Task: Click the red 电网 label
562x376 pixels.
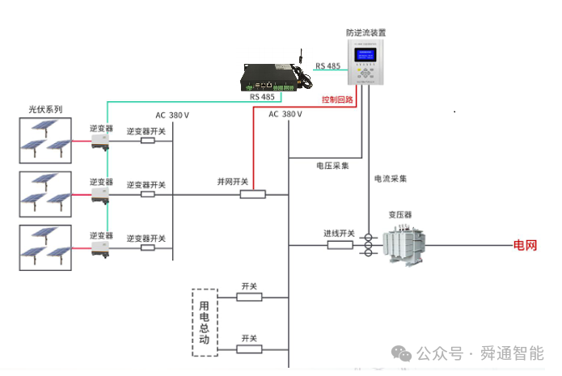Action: click(x=525, y=245)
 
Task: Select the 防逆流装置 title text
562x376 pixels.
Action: click(x=366, y=33)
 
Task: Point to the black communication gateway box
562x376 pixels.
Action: click(x=273, y=76)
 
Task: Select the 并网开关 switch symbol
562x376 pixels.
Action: click(x=253, y=194)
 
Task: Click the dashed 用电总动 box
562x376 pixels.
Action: click(x=205, y=322)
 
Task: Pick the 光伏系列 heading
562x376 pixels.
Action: click(x=45, y=109)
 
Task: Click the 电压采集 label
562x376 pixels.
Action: click(x=332, y=165)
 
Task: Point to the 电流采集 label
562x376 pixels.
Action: click(x=391, y=177)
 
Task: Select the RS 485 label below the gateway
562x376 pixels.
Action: click(x=262, y=97)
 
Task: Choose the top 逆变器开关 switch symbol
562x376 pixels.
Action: click(x=147, y=141)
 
